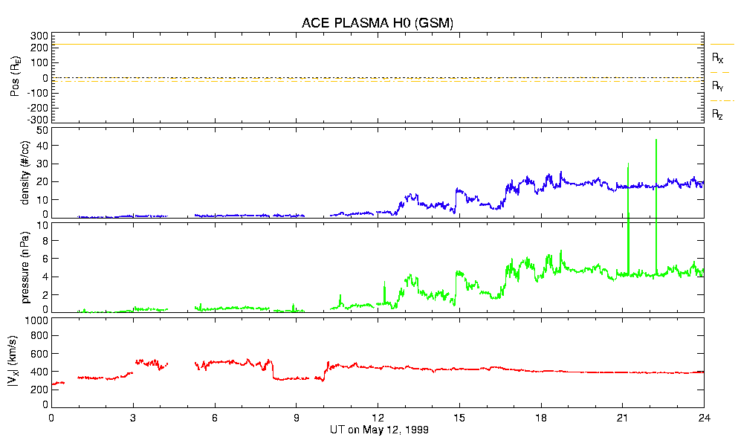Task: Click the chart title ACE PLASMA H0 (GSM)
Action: (x=378, y=23)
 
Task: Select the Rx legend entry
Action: (x=718, y=57)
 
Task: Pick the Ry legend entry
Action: (x=718, y=86)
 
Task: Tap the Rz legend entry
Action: (x=718, y=114)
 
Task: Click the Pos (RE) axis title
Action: (x=13, y=77)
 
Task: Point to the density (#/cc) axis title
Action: (x=25, y=173)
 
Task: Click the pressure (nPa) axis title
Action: (x=25, y=266)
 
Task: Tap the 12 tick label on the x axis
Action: (x=378, y=418)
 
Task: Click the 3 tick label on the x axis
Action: (x=133, y=418)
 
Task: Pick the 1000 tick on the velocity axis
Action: (x=37, y=320)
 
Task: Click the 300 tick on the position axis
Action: (x=39, y=36)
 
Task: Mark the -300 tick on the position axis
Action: (x=37, y=119)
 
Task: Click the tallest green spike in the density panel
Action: (x=656, y=141)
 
